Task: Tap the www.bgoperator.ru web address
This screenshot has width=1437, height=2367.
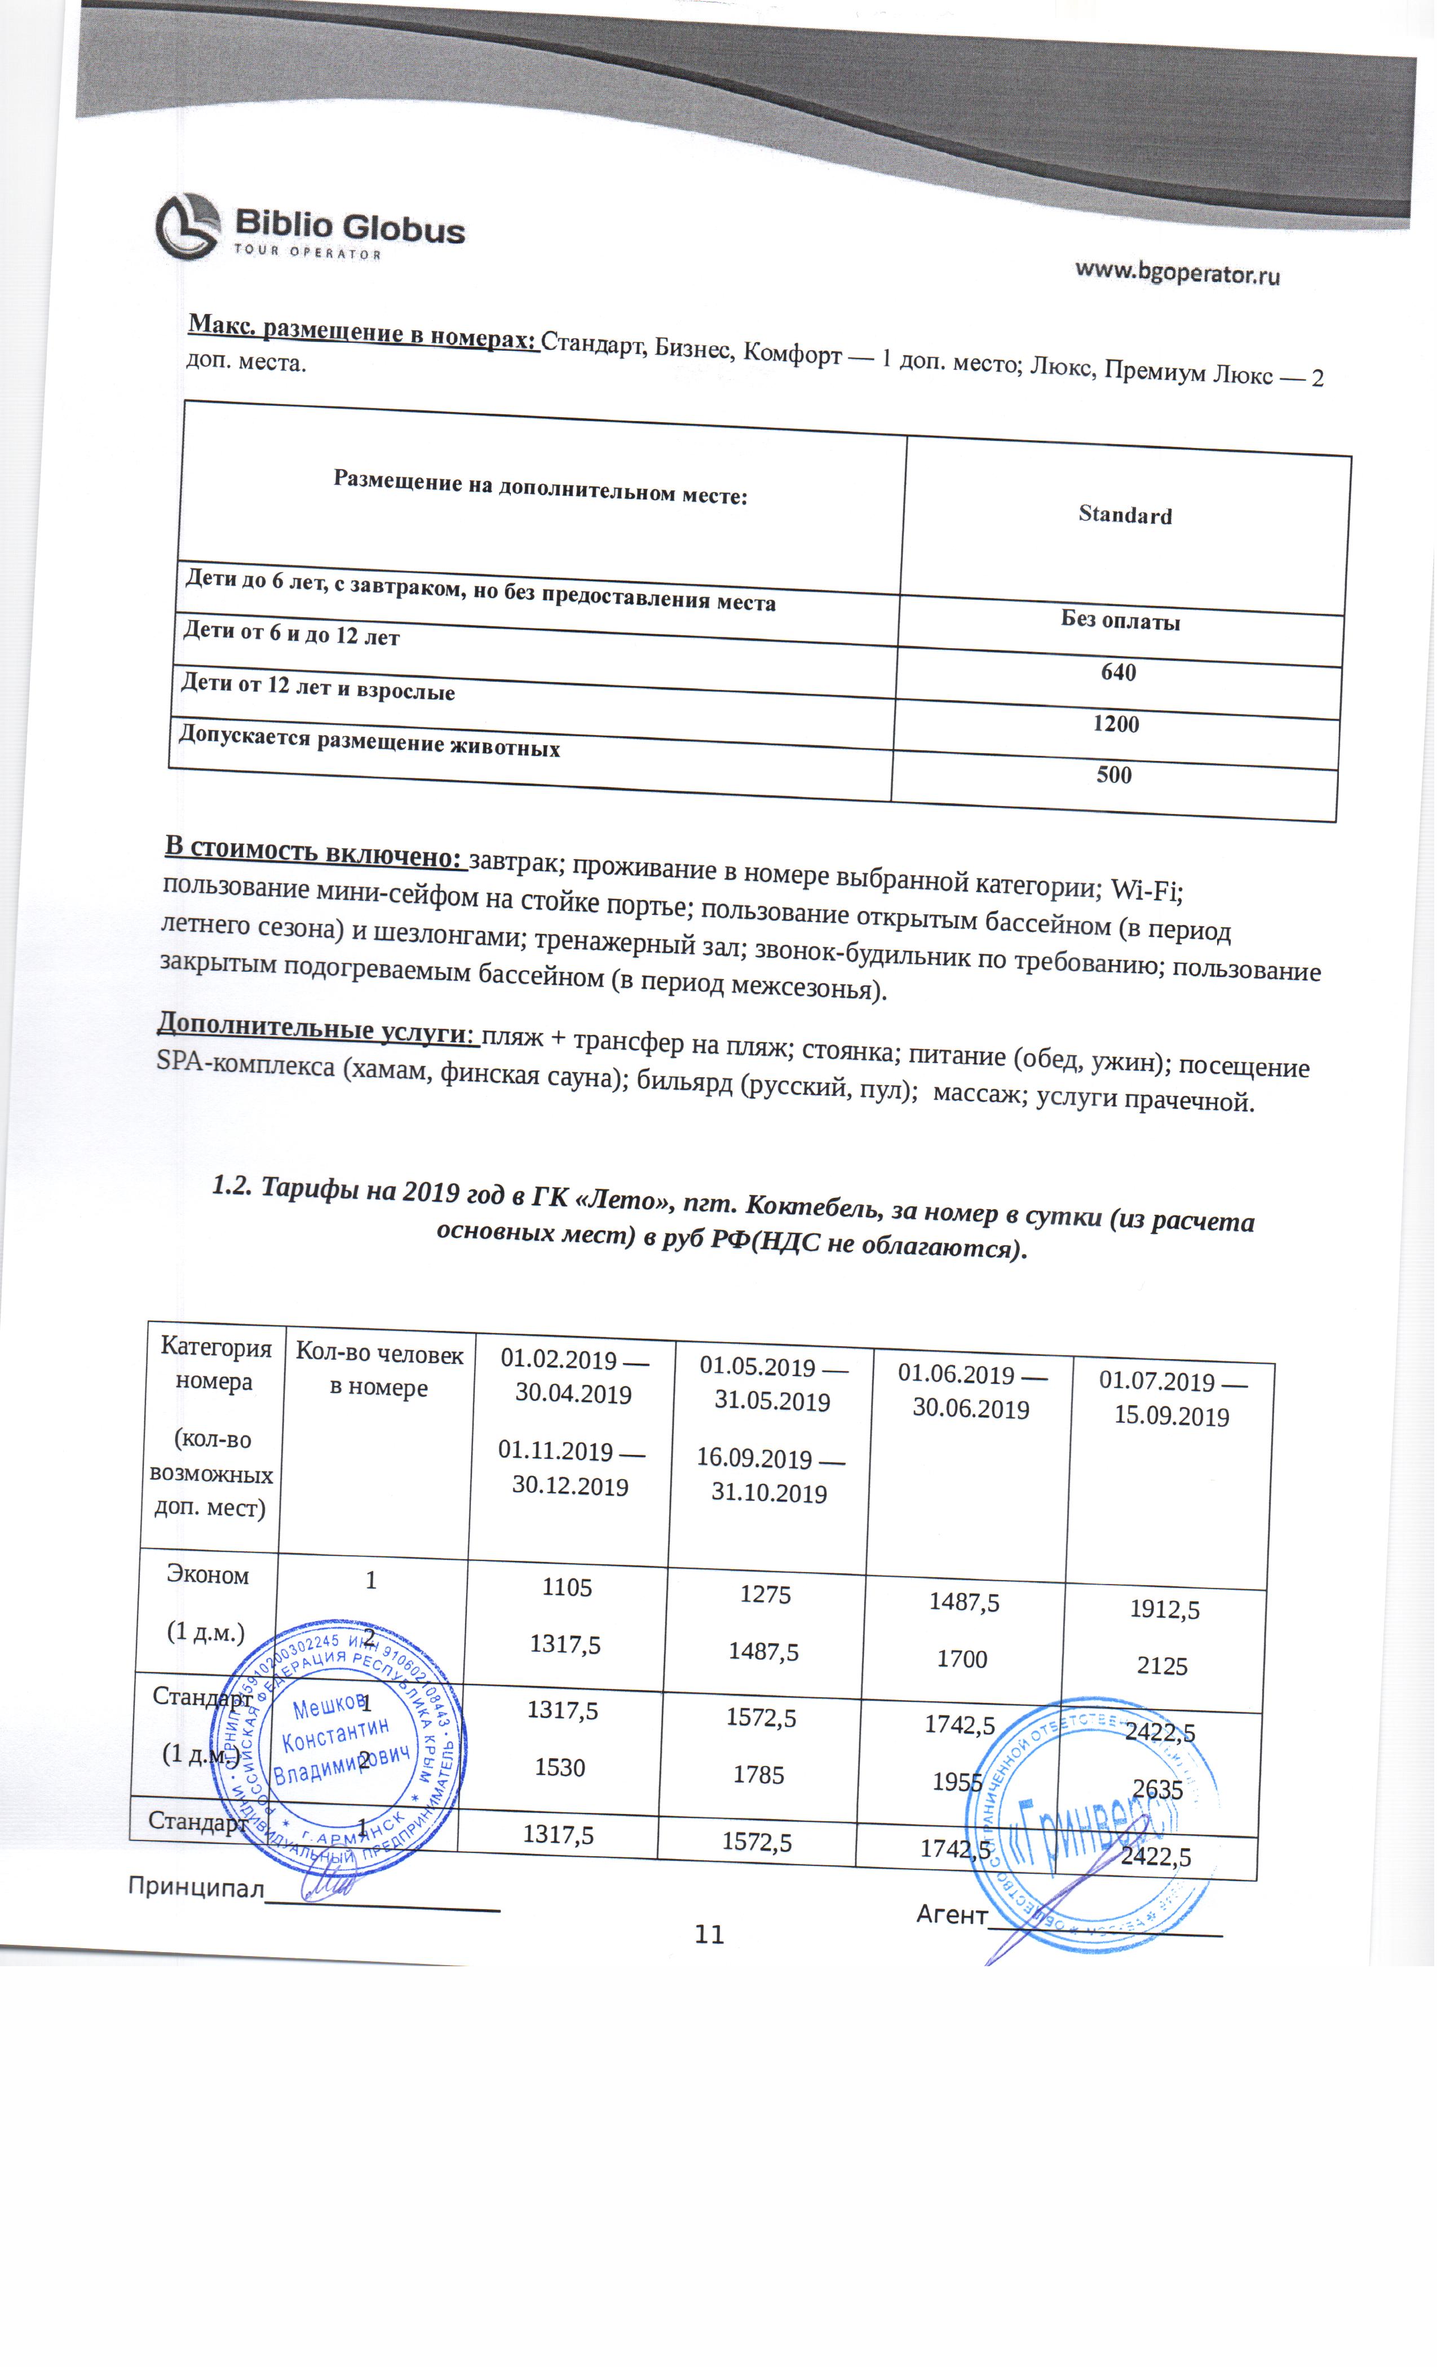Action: pyautogui.click(x=1177, y=273)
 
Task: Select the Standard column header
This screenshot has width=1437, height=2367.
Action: pyautogui.click(x=1125, y=515)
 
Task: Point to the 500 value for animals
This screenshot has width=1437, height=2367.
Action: pyautogui.click(x=1113, y=775)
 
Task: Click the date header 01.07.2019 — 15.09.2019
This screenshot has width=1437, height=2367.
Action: pyautogui.click(x=1172, y=1399)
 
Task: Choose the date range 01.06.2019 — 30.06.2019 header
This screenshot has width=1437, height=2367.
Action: pyautogui.click(x=971, y=1391)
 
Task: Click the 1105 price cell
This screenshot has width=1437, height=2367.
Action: pyautogui.click(x=567, y=1587)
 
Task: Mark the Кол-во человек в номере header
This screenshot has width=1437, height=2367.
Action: pyautogui.click(x=379, y=1370)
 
